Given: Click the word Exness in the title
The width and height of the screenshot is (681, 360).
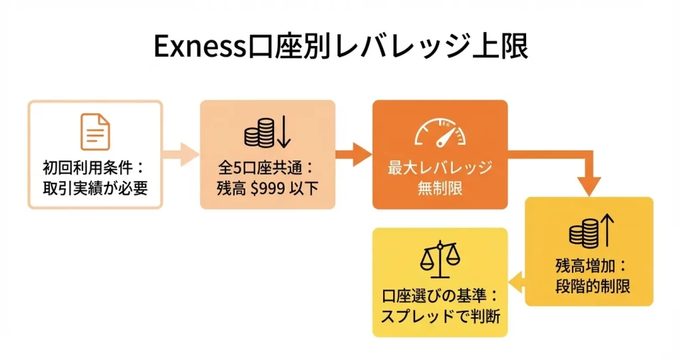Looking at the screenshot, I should [x=199, y=46].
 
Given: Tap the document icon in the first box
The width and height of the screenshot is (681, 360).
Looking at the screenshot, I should [x=95, y=132].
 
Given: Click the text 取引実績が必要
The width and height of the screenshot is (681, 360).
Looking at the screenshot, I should [x=95, y=188].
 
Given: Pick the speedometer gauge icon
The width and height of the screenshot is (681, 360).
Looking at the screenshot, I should [x=440, y=132].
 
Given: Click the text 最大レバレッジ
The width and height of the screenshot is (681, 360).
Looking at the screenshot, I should [x=440, y=168].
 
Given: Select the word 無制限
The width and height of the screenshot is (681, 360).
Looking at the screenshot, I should [x=440, y=188].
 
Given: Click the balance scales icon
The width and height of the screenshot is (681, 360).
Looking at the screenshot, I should [x=440, y=259].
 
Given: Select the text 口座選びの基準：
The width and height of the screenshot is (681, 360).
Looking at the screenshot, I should [x=440, y=294].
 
